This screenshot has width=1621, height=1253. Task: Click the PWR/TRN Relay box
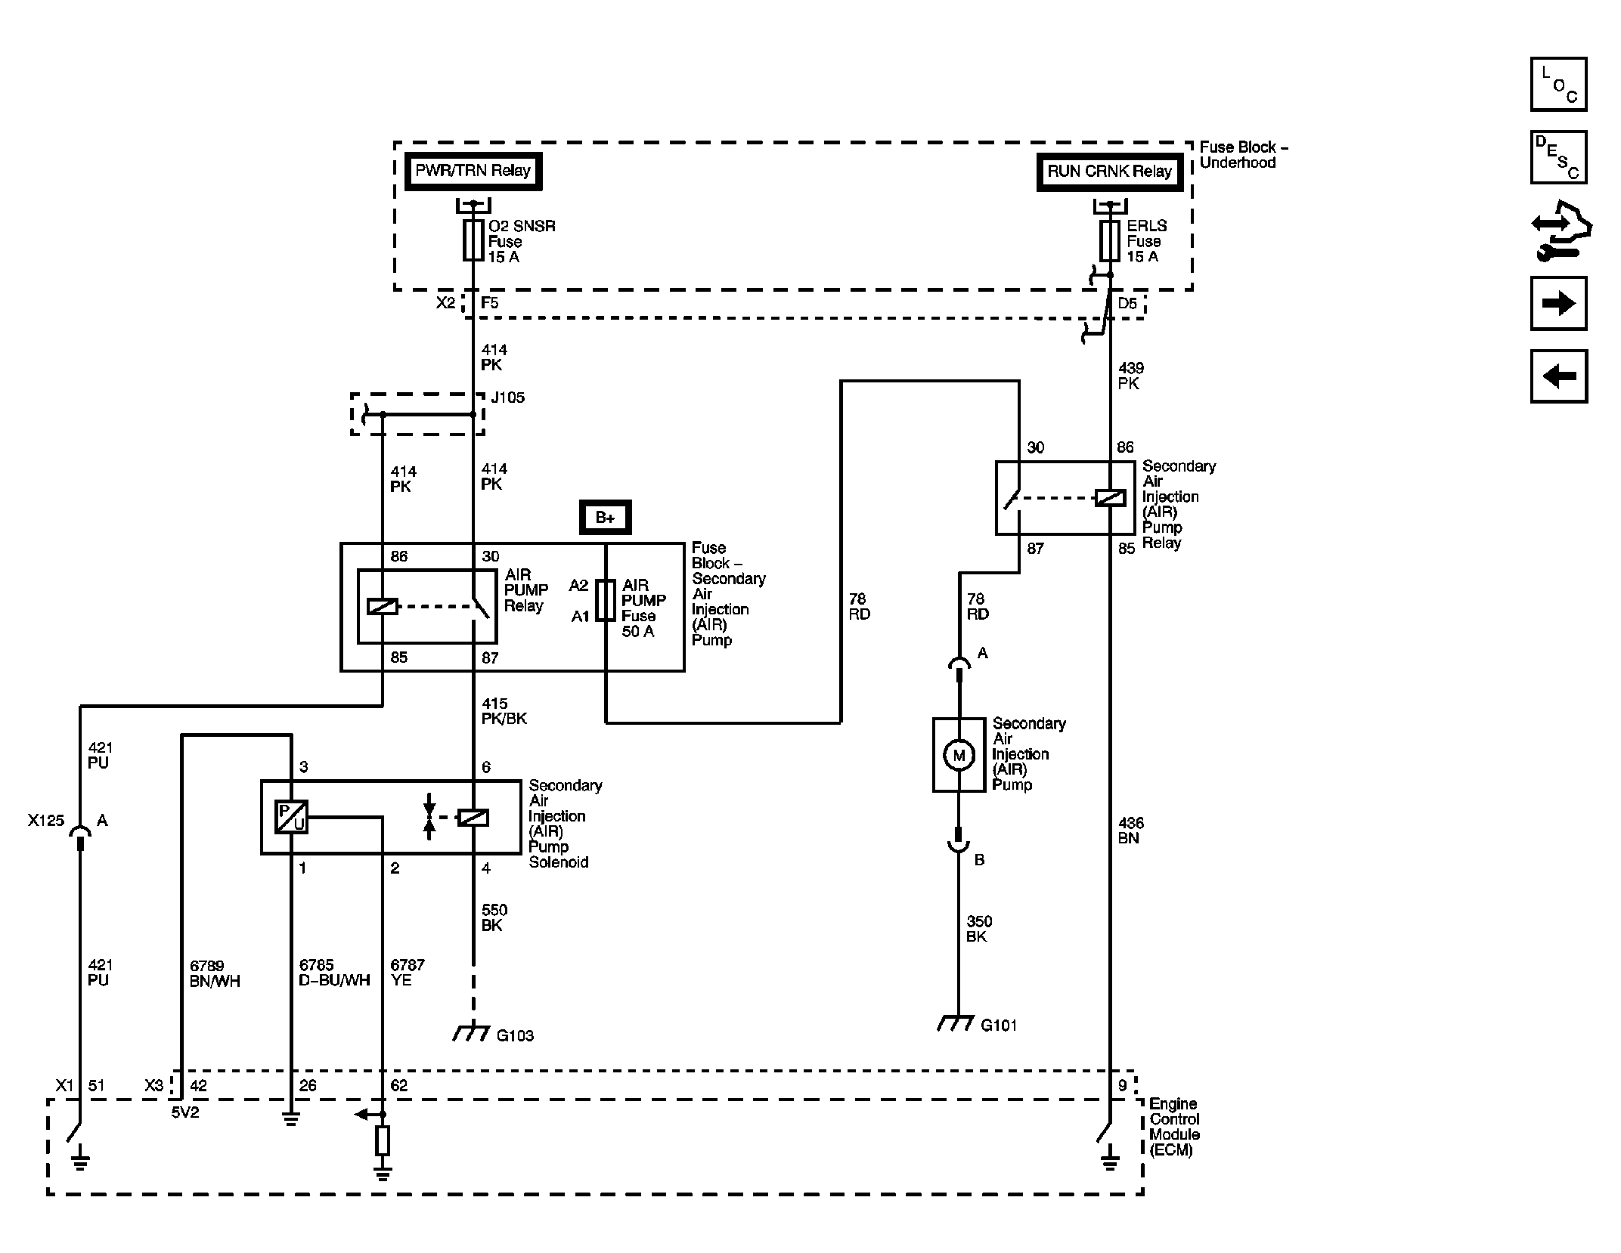(x=473, y=171)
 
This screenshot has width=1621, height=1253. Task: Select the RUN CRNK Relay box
(x=1109, y=172)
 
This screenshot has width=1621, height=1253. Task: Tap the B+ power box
(x=605, y=518)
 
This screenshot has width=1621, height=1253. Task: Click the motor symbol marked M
(x=959, y=755)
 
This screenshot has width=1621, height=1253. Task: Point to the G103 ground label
(x=515, y=1035)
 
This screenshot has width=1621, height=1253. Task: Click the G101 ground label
(x=999, y=1026)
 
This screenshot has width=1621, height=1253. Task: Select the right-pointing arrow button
(x=1558, y=304)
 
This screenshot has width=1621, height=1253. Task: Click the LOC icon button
(x=1558, y=84)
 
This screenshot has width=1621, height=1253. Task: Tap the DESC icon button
(x=1558, y=157)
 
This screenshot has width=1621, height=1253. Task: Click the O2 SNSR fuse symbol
(x=473, y=240)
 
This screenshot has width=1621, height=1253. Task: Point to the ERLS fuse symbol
(x=1110, y=240)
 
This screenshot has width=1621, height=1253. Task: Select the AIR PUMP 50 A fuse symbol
(x=606, y=601)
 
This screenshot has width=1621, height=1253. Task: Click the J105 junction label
(x=507, y=398)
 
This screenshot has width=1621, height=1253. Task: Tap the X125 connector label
(x=46, y=821)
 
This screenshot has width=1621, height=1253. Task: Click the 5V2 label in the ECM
(x=185, y=1112)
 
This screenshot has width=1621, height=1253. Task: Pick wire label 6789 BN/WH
(x=215, y=973)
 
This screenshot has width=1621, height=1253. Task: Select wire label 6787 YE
(x=408, y=973)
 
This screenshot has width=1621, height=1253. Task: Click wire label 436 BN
(x=1131, y=831)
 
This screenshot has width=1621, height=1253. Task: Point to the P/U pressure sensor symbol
(x=291, y=817)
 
